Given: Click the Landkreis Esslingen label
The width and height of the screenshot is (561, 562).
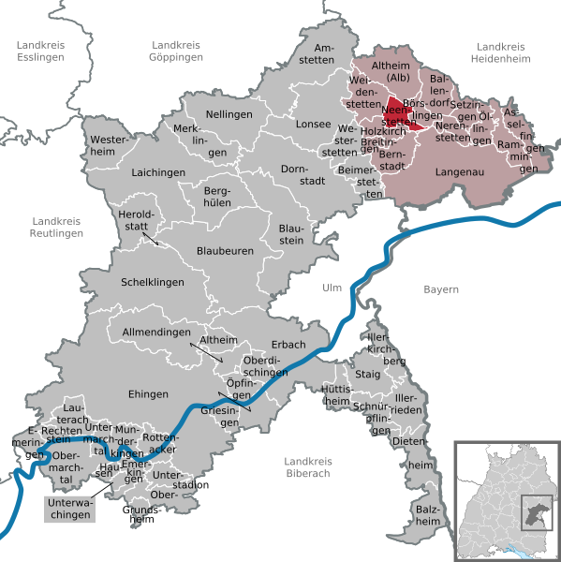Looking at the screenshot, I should pos(40,51).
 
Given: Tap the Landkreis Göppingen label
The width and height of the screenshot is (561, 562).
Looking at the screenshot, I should pos(177,51).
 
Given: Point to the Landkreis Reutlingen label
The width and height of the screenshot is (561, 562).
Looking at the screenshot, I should pos(55,227).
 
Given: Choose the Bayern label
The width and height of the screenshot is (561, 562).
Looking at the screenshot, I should pos(440,289).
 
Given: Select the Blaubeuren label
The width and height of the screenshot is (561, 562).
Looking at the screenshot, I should pos(224,251).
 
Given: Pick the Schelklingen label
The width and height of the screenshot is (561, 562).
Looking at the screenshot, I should pos(153,282).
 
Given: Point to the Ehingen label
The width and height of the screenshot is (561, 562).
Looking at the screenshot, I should pos(149,394).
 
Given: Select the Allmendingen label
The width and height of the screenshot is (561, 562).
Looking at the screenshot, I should pos(155,333).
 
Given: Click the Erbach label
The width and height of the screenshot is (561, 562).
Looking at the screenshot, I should pos(288,345).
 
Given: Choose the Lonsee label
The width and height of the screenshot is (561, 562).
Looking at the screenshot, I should pos(311,124).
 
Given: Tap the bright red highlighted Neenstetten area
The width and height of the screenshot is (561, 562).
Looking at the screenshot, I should pos(398,113).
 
